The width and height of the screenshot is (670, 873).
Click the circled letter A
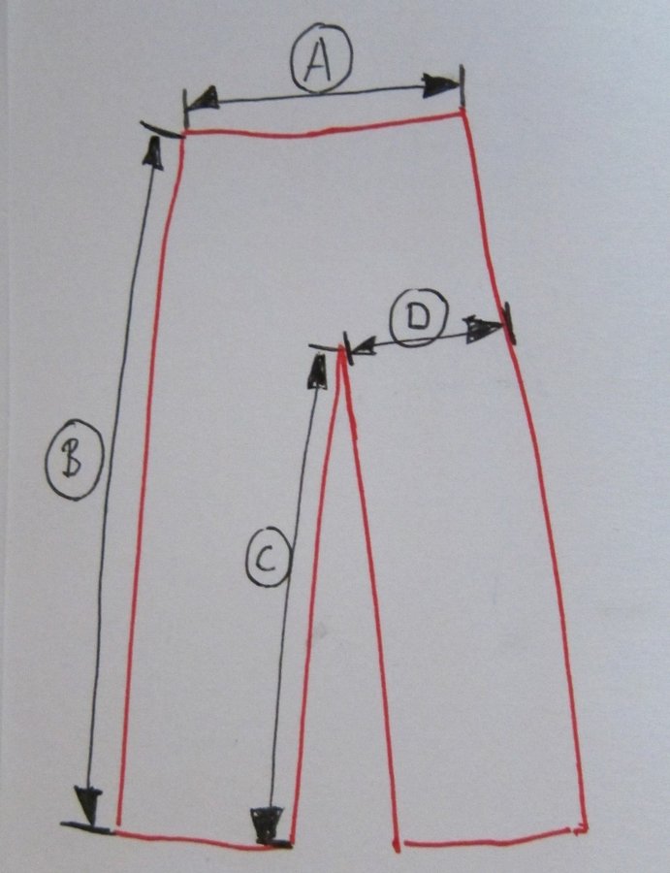321,58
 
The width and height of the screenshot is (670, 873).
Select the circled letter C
268,558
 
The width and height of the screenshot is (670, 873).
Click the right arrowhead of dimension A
440,85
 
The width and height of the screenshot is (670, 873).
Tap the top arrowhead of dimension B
153,152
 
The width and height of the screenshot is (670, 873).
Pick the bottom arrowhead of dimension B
88,805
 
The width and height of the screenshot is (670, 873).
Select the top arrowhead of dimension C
317,371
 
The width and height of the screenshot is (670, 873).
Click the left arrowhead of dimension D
362,347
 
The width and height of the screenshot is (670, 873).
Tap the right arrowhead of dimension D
483,329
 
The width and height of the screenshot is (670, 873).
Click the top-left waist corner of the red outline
184,133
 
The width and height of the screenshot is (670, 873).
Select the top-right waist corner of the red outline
462,113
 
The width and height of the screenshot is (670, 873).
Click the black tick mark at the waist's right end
462,85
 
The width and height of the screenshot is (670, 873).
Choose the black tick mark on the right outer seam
509,323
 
